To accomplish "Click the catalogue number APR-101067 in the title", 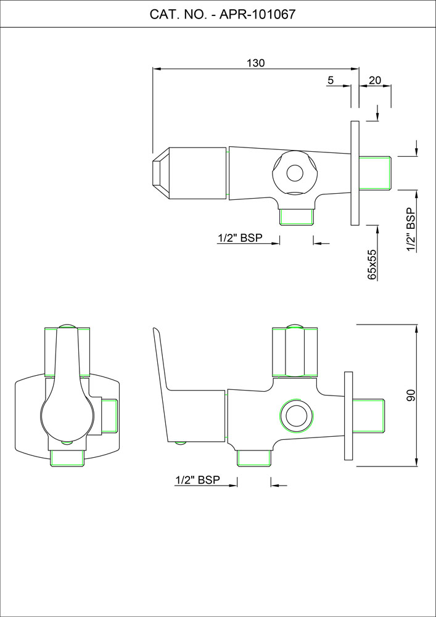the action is (257, 15).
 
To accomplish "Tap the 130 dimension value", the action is (256, 62).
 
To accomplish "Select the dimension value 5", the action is (331, 80).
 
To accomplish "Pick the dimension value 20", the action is (375, 80).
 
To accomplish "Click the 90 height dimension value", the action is (411, 395).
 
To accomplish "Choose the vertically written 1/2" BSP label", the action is (411, 230).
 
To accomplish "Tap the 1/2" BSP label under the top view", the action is (240, 238).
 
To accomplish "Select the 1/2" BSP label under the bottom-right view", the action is (197, 479).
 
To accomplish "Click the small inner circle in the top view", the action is (294, 173).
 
